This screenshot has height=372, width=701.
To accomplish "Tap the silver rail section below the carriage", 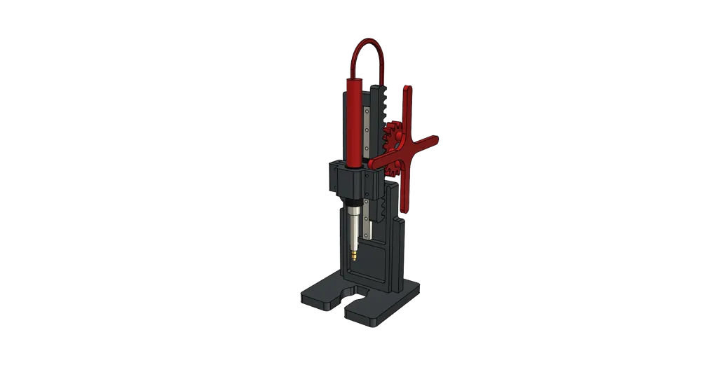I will tap(367, 221).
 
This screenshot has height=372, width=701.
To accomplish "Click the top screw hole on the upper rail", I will tap(367, 111).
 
